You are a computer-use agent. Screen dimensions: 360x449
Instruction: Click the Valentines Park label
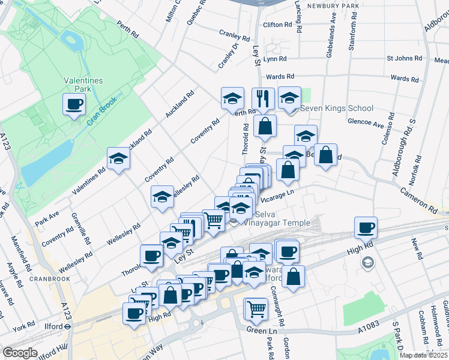(84, 85)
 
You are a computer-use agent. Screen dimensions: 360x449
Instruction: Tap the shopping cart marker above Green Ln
(256, 310)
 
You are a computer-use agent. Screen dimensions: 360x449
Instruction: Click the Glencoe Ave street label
(366, 124)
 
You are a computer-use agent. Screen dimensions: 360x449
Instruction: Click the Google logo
(20, 353)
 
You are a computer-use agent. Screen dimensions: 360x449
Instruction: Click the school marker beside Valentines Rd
(119, 159)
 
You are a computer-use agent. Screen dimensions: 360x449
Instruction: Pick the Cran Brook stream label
(100, 111)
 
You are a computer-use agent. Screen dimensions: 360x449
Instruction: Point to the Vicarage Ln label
(277, 194)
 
